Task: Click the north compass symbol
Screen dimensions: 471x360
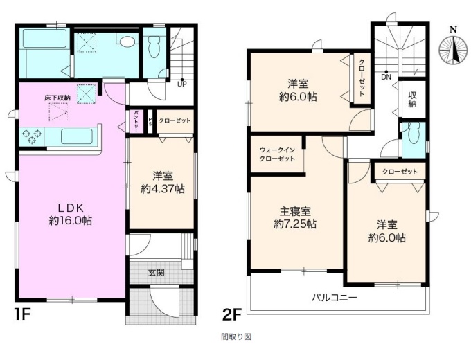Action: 453,47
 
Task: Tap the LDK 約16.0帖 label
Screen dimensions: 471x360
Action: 71,215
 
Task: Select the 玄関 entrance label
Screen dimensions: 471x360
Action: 157,273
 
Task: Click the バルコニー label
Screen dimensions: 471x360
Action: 335,298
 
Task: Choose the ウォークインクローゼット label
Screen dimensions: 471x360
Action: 277,154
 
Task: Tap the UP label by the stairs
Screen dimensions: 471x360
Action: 181,84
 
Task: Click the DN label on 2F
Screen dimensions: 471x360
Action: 386,77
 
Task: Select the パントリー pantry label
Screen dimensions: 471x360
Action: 136,122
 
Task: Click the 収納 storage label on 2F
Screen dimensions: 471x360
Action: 412,100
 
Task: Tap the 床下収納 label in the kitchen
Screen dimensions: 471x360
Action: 57,98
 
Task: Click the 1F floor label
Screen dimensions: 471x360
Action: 23,315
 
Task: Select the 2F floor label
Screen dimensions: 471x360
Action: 231,315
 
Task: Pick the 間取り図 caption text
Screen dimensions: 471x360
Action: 236,336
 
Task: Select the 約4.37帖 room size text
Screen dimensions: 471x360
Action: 163,189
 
